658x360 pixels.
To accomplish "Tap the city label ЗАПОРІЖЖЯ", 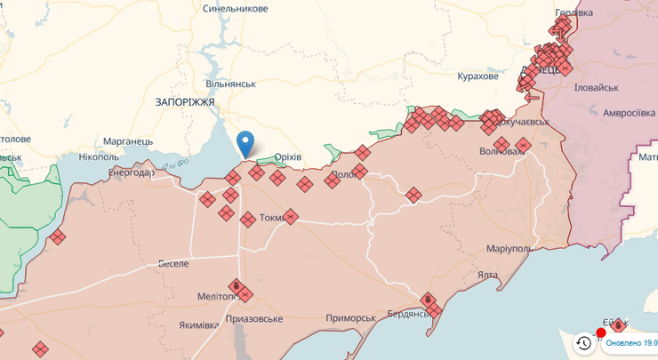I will pos(185,102).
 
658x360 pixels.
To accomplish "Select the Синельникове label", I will pos(235,8).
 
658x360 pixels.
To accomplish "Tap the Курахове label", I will pos(477,76).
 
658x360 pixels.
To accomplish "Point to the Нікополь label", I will pos(99,157).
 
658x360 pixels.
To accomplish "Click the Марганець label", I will pos(128,141).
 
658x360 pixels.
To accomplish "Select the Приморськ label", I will pos(350,317).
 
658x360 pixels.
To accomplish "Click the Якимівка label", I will pos(198,324).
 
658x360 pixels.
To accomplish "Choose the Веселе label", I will pos(174,263).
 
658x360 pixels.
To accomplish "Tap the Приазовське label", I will pos(254,318).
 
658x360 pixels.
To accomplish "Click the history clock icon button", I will pos(583,342).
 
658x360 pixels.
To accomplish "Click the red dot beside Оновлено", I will pos(601,333).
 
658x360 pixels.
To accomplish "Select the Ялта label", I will pos(487,275).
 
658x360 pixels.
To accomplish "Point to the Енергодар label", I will pos(131,172).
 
